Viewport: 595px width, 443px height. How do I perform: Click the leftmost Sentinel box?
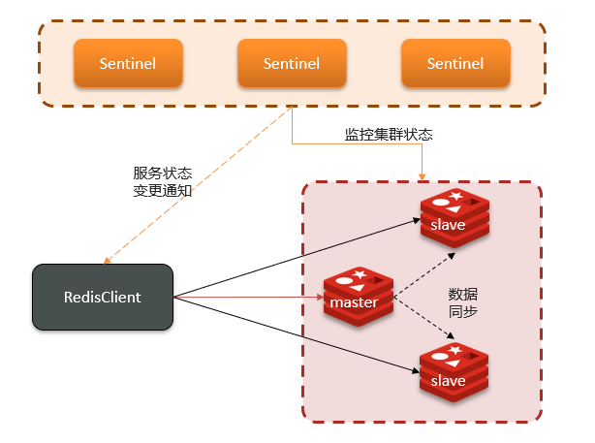(128, 64)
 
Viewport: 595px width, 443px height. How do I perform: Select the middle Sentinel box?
(292, 64)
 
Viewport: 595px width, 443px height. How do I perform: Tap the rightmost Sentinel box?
(455, 64)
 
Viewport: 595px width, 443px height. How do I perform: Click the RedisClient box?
(102, 298)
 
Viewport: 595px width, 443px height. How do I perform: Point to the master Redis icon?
(358, 297)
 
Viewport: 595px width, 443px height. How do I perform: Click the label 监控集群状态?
(389, 135)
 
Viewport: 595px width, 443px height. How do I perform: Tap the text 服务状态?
(162, 174)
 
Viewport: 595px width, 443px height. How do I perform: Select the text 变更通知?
(162, 192)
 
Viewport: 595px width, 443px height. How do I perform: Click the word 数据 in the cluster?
(462, 294)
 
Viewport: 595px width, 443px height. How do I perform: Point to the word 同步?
(462, 312)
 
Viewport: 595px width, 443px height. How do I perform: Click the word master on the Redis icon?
(353, 303)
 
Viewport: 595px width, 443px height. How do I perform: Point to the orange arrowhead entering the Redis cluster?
(423, 174)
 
